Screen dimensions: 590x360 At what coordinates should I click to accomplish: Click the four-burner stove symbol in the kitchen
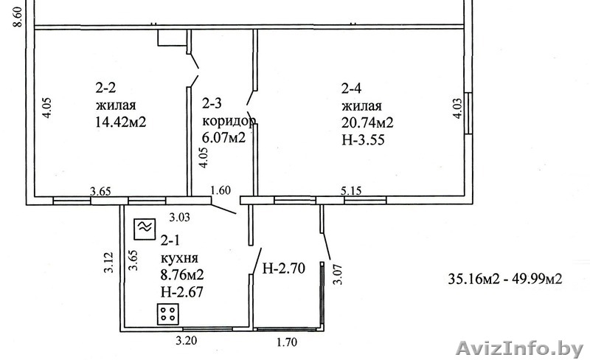pyautogui.click(x=167, y=314)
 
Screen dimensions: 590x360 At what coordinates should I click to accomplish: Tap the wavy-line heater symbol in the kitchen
pyautogui.click(x=145, y=229)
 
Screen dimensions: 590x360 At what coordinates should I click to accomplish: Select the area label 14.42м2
pyautogui.click(x=121, y=122)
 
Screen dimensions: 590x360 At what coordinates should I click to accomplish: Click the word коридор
pyautogui.click(x=229, y=121)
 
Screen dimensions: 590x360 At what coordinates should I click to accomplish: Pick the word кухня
pyautogui.click(x=179, y=258)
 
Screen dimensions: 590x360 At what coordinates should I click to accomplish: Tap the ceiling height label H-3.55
pyautogui.click(x=363, y=139)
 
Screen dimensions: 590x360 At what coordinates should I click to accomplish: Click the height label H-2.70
pyautogui.click(x=284, y=268)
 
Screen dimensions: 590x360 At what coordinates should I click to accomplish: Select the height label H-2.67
pyautogui.click(x=181, y=291)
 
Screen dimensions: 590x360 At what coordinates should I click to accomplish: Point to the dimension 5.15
pyautogui.click(x=351, y=190)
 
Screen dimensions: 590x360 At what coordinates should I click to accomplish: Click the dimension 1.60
pyautogui.click(x=221, y=190)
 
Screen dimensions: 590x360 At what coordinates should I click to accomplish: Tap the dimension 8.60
pyautogui.click(x=18, y=15)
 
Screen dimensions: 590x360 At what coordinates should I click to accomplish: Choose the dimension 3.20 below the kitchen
pyautogui.click(x=187, y=341)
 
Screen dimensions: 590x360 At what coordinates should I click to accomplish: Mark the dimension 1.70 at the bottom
pyautogui.click(x=287, y=342)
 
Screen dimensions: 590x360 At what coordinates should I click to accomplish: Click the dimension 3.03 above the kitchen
pyautogui.click(x=179, y=218)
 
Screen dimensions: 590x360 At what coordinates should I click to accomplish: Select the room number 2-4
pyautogui.click(x=352, y=89)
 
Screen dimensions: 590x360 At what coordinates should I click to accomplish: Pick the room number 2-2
pyautogui.click(x=105, y=88)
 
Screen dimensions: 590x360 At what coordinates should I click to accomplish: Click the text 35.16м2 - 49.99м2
pyautogui.click(x=505, y=279)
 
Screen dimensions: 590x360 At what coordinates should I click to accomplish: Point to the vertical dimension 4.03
pyautogui.click(x=457, y=109)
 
